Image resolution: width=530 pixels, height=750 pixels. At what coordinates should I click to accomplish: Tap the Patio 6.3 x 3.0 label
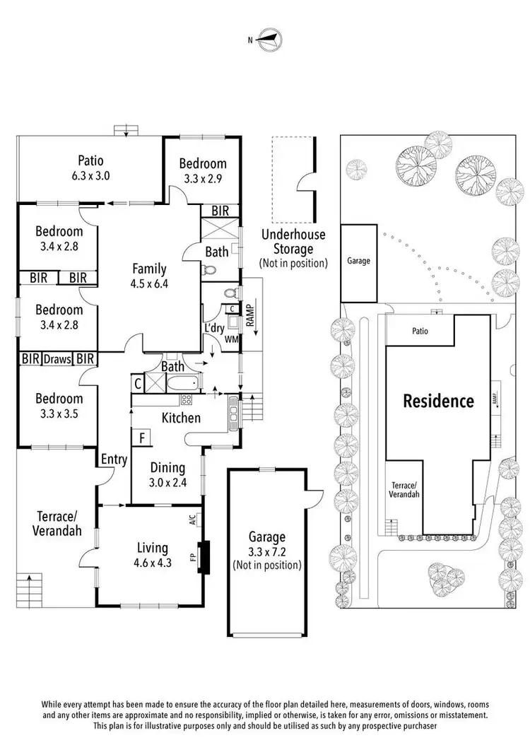90,168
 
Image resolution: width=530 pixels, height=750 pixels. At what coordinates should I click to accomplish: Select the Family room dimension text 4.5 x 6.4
149,283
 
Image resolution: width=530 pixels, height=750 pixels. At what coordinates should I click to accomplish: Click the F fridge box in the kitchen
142,438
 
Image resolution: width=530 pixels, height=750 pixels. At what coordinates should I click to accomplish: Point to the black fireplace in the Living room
204,557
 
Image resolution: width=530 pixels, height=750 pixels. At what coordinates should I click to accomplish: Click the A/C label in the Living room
192,520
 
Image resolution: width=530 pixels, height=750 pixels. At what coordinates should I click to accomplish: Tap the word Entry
114,459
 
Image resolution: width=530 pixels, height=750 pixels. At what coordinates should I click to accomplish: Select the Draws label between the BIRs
57,358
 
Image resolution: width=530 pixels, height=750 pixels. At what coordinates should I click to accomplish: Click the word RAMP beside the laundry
250,315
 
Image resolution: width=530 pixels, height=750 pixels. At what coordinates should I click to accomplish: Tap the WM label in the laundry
231,339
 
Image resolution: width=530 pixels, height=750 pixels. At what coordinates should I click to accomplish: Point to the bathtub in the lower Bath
183,384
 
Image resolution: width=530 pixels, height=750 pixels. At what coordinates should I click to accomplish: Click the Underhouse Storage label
293,242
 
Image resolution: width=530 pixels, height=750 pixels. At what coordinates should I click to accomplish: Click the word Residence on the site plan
438,401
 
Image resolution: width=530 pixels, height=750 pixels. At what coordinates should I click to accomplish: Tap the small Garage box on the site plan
359,263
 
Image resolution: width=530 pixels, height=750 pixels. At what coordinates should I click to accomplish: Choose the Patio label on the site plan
420,331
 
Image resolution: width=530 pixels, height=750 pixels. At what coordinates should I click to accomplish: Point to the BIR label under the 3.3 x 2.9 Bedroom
220,211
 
